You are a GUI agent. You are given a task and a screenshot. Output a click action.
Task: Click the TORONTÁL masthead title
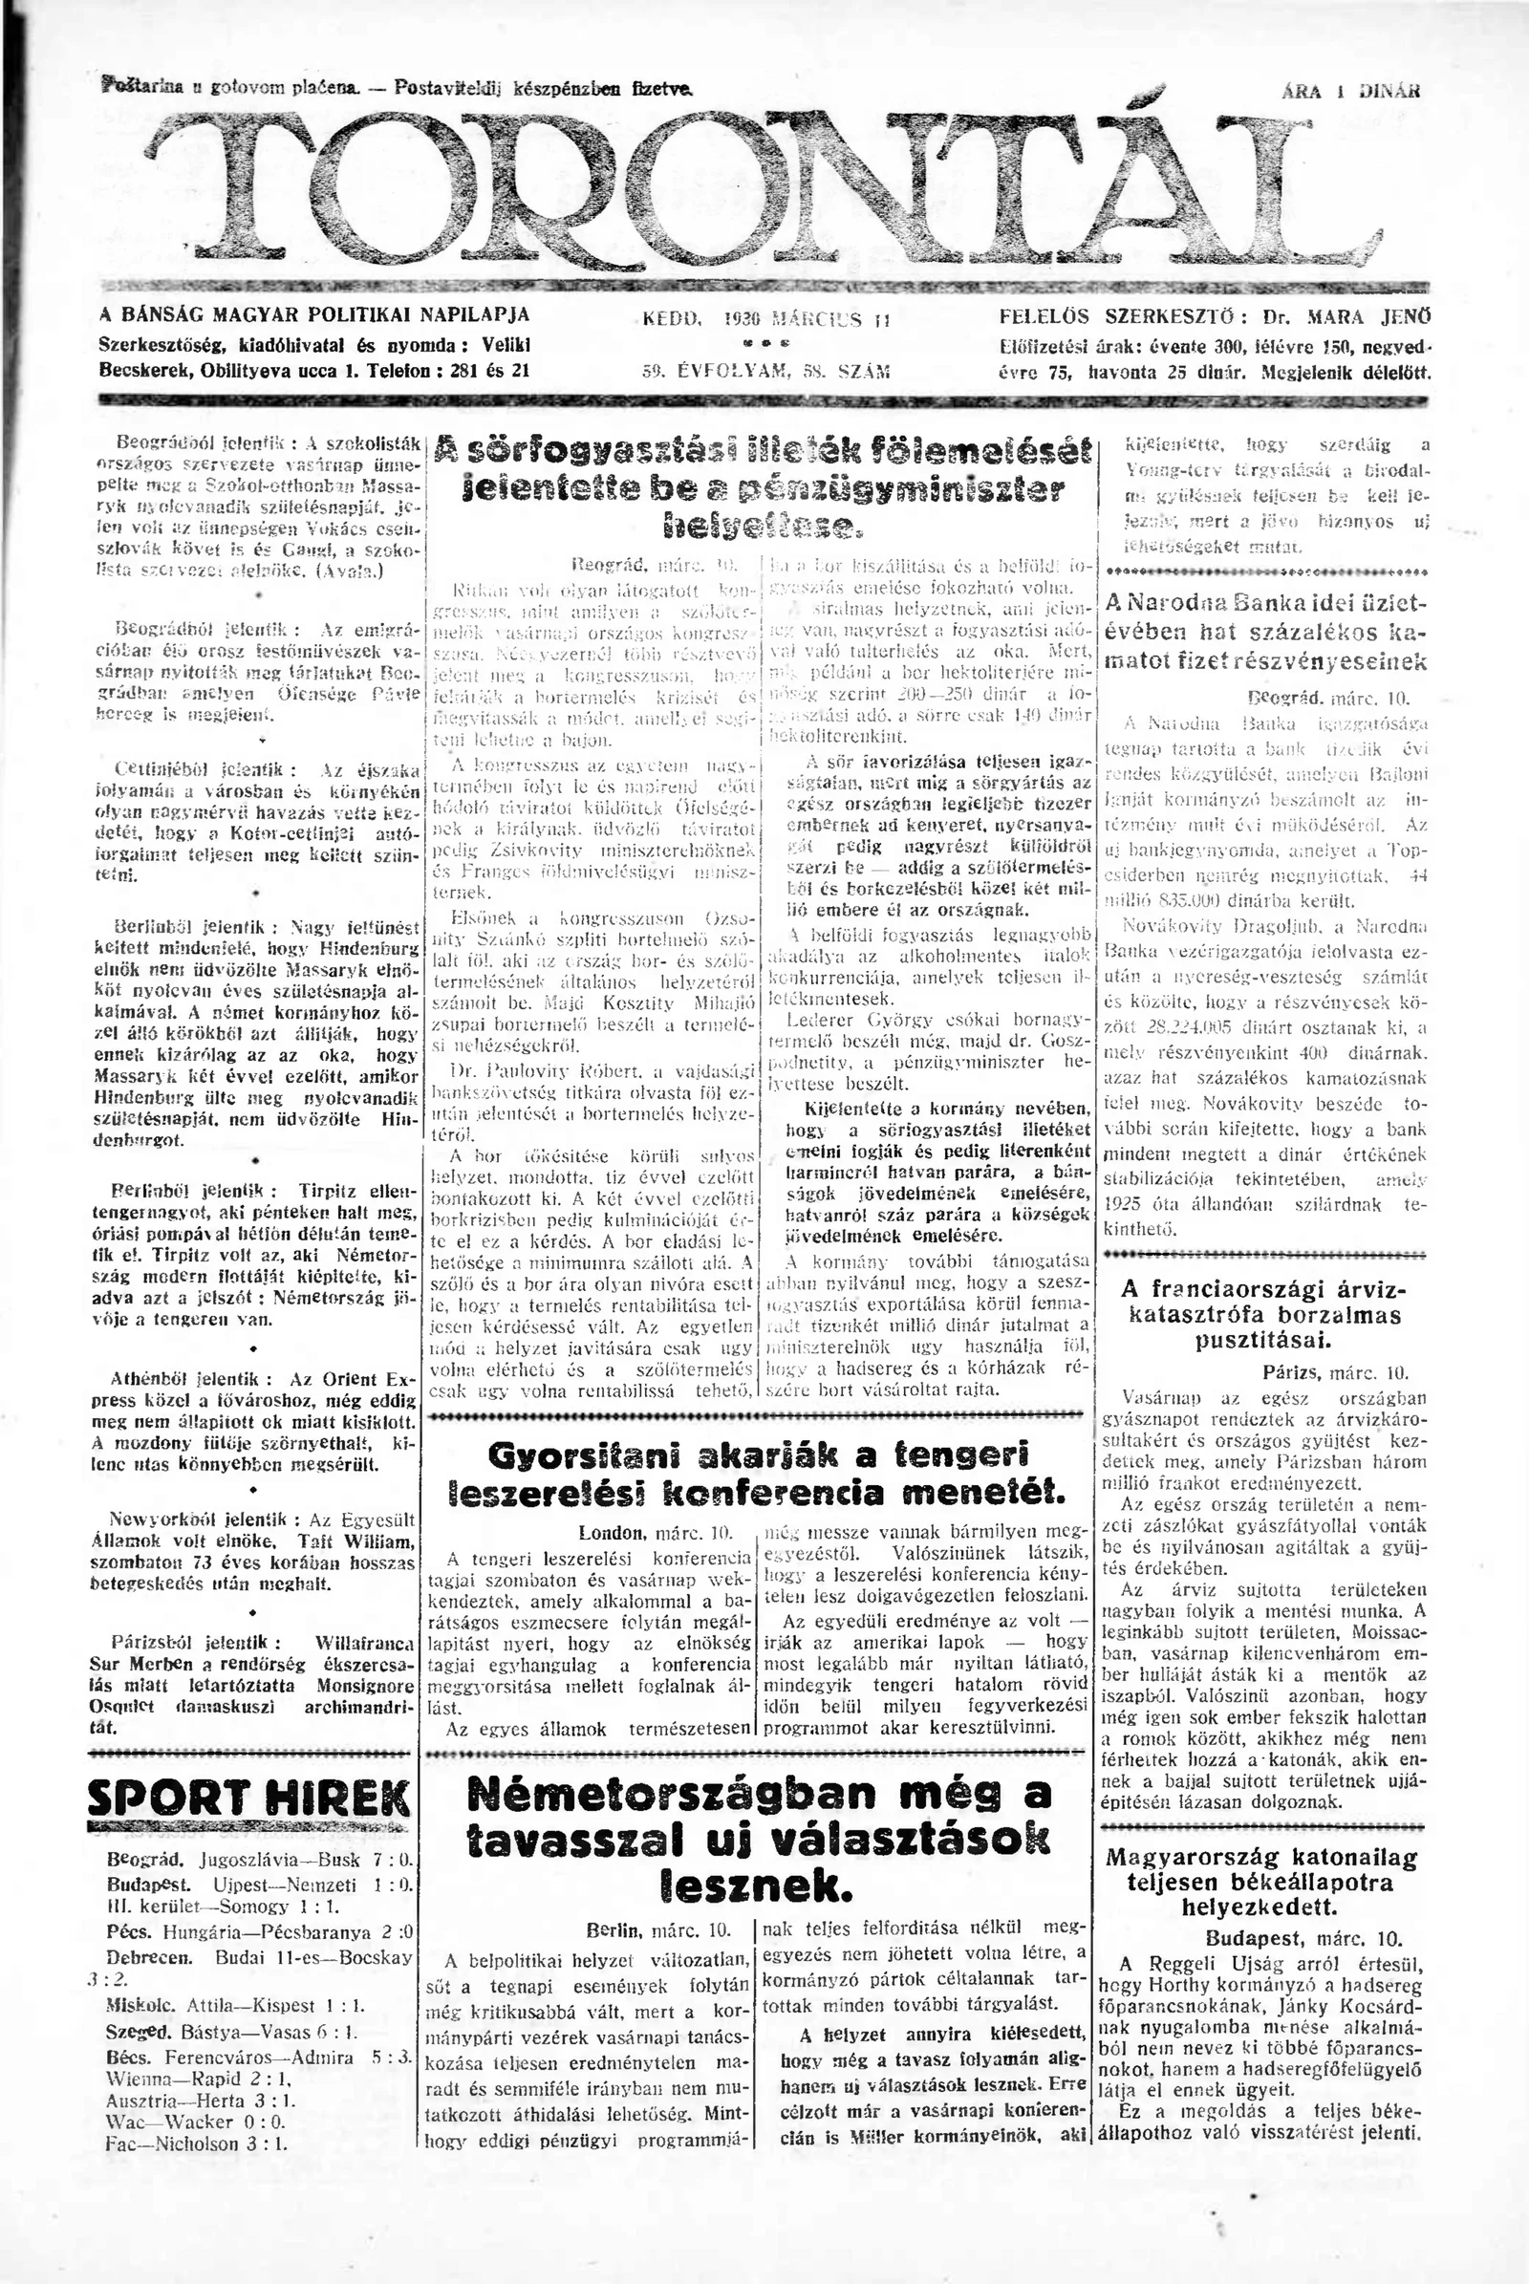pyautogui.click(x=761, y=185)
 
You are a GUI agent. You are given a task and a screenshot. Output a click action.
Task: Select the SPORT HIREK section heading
pyautogui.click(x=248, y=1798)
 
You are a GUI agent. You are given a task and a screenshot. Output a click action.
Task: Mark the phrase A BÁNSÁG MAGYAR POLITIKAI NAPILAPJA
pyautogui.click(x=315, y=315)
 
